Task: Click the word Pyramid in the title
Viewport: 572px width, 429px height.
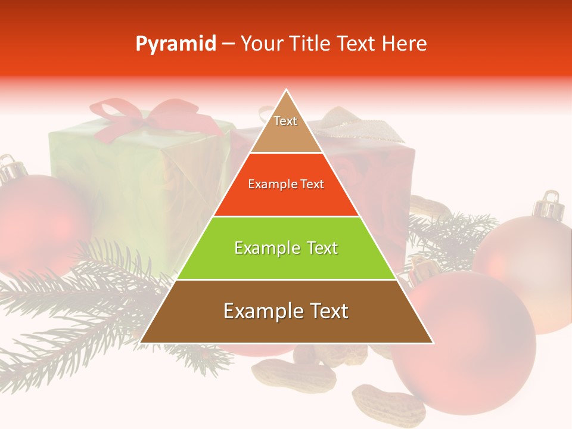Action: point(175,44)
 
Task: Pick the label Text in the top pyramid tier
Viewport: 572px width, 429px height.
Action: point(285,121)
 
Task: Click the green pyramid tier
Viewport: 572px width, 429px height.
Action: point(286,256)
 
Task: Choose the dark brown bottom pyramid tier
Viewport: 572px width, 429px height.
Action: point(286,322)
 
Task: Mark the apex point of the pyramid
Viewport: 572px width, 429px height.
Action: point(287,90)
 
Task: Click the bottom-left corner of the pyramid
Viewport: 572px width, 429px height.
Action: point(141,343)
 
